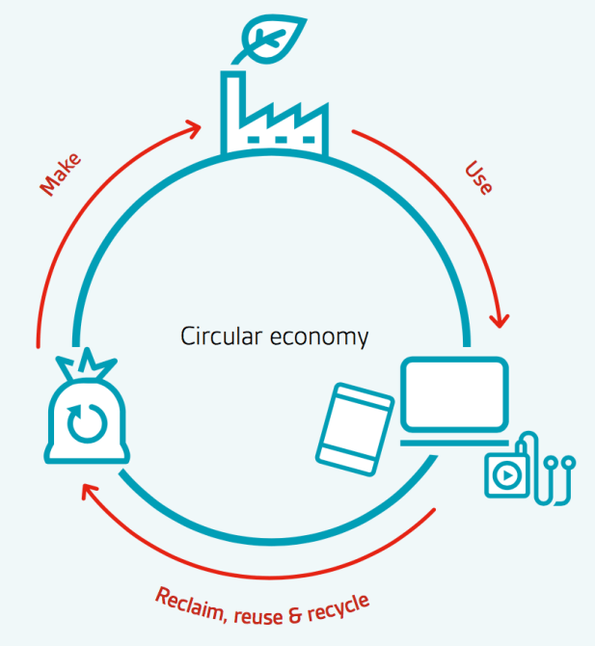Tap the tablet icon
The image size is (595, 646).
[x=355, y=426]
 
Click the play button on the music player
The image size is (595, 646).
[x=506, y=473]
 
